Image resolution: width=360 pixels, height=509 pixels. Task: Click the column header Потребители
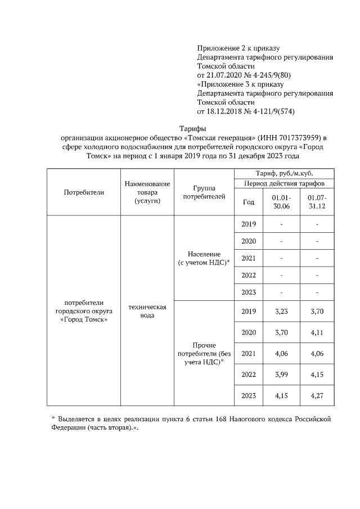(84, 192)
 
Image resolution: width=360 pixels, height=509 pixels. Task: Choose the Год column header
(248, 202)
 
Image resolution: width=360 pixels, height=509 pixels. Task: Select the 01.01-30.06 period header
(281, 202)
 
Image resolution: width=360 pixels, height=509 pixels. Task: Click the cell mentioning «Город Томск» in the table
(84, 311)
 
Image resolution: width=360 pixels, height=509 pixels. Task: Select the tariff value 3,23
(281, 311)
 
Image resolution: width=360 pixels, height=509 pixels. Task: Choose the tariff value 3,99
(281, 375)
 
